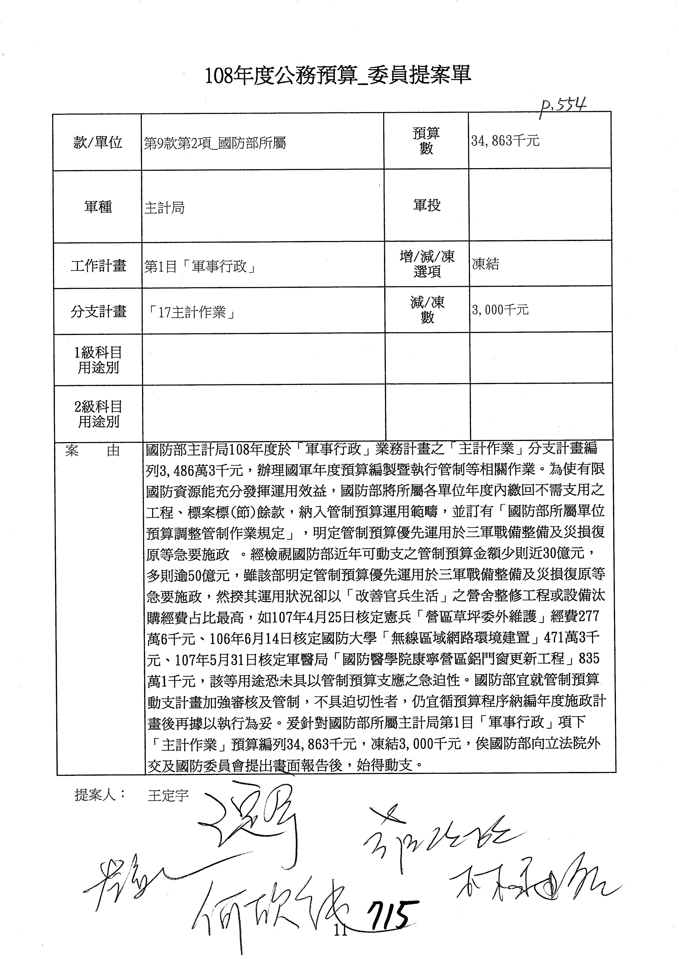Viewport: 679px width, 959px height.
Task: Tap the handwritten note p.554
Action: (x=562, y=108)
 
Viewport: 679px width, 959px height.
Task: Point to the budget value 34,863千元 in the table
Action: (x=505, y=141)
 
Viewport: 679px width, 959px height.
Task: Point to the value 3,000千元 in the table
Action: (x=500, y=309)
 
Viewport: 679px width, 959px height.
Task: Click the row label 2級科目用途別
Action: (x=98, y=414)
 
